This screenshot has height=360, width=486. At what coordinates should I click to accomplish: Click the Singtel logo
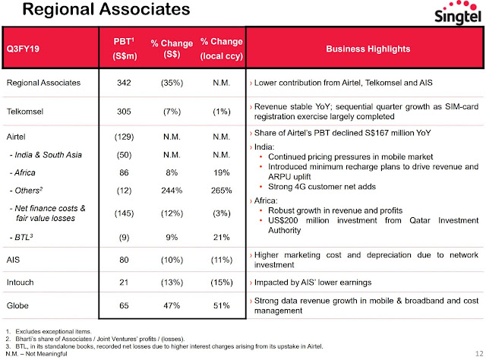[457, 12]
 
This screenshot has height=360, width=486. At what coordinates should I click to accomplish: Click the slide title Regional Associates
[106, 9]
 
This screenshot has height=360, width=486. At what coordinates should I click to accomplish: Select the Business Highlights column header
[368, 49]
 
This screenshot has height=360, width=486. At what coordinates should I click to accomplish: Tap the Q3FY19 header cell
[23, 49]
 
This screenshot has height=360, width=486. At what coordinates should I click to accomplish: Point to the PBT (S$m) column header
[124, 49]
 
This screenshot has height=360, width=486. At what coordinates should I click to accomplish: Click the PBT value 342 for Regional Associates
[124, 83]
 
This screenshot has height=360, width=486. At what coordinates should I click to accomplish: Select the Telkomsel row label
[25, 112]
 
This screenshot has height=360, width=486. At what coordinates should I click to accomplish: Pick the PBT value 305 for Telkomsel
[124, 112]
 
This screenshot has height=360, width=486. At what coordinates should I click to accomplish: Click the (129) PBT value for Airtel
[124, 137]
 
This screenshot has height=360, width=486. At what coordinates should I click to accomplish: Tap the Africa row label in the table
[22, 172]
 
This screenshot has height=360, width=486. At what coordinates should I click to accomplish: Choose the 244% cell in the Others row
[172, 191]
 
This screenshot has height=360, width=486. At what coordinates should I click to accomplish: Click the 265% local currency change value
[221, 191]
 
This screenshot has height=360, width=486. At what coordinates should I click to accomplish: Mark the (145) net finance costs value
[124, 213]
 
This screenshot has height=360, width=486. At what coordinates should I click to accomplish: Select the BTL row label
[21, 237]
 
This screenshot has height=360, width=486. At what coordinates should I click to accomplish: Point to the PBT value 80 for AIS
[124, 260]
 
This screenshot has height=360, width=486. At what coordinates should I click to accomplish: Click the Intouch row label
[21, 283]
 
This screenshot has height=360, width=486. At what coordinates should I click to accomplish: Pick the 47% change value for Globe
[172, 306]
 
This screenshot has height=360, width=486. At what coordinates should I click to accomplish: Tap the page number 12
[479, 353]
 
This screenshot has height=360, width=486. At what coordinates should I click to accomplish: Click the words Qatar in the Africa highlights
[420, 220]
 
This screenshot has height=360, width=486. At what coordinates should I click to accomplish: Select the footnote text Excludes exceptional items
[53, 331]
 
